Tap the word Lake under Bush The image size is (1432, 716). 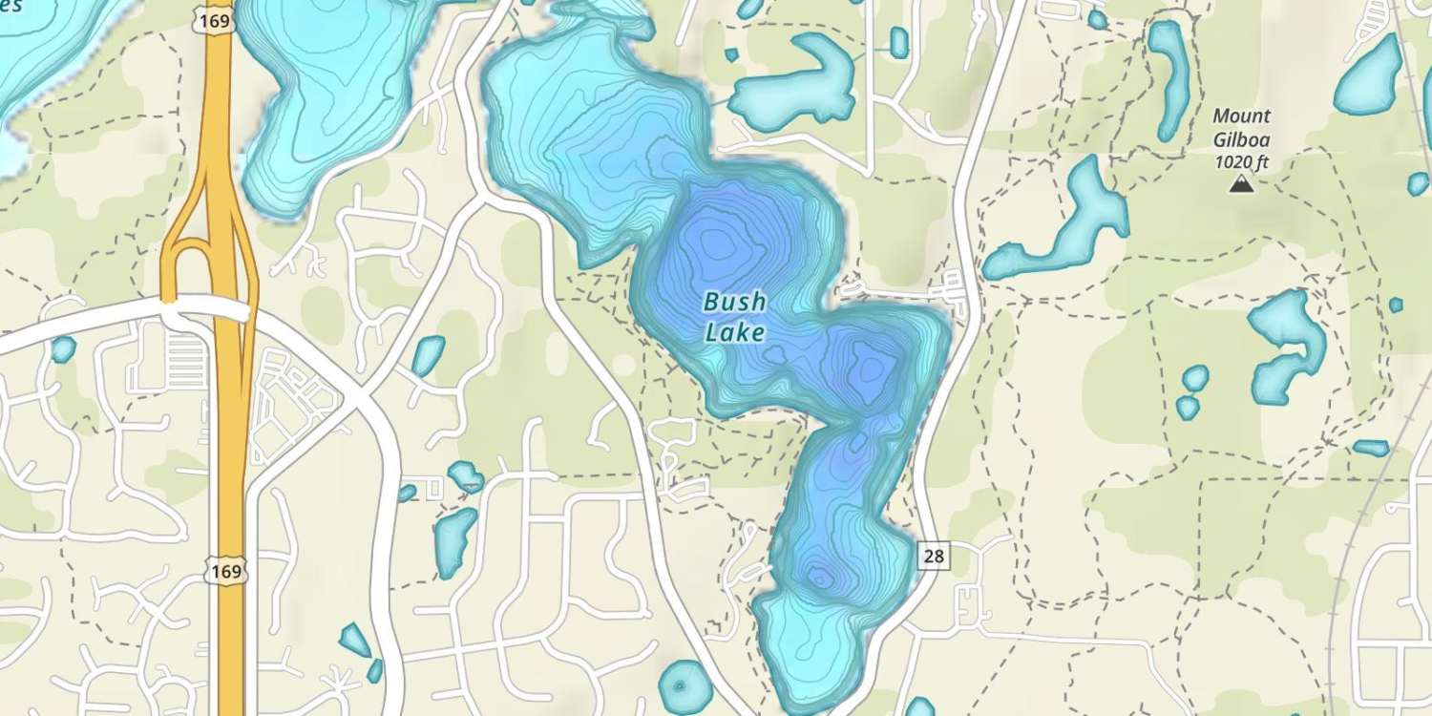(734, 332)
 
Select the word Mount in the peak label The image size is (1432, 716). (1241, 116)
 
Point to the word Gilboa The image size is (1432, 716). (1241, 139)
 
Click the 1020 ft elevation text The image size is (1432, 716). (1241, 162)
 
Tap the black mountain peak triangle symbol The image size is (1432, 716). (1241, 183)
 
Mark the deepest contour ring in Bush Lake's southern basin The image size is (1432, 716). (819, 577)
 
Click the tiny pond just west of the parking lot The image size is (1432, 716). (63, 349)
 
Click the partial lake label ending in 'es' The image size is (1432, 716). (11, 6)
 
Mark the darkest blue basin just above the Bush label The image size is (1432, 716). (714, 243)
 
